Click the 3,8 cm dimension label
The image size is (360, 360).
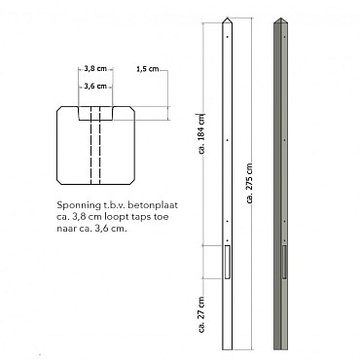[x=95, y=69]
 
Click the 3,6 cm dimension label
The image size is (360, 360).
[x=95, y=87]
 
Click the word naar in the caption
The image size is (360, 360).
[x=69, y=229]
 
